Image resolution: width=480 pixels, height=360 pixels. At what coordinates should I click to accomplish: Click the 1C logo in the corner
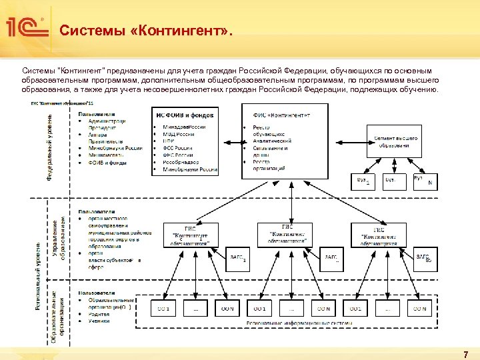pos(27,29)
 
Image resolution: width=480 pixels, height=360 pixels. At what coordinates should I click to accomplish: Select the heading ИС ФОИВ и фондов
pos(185,116)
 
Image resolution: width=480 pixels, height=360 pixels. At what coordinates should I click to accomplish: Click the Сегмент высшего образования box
pos(396,142)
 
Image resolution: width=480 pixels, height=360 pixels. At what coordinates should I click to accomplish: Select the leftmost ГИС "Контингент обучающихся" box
pos(191,235)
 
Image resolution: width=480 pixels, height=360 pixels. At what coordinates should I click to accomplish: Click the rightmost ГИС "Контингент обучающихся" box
pos(379,235)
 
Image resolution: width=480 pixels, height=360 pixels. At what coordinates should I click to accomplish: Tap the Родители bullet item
pos(100,314)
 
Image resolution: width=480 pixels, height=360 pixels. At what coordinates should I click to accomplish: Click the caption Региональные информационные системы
pos(290,323)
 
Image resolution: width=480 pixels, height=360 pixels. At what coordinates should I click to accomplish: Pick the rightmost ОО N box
pos(419,309)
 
